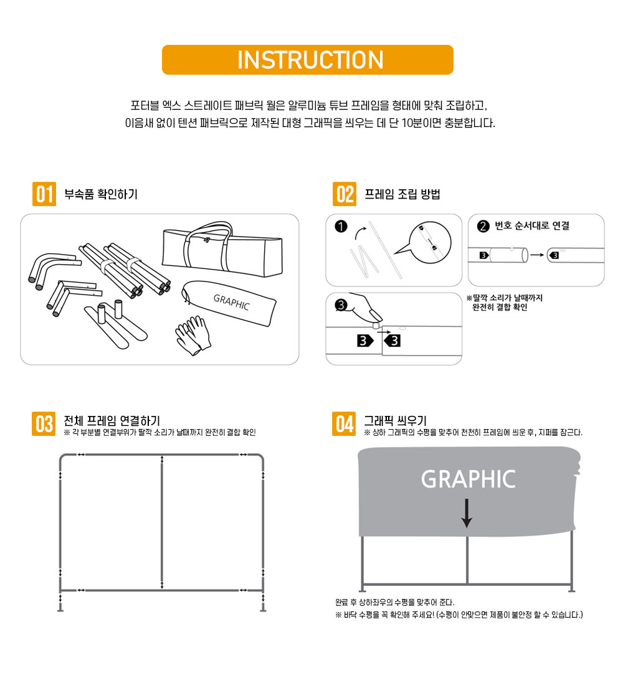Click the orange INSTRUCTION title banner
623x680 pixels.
(308, 60)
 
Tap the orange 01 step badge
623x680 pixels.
(44, 194)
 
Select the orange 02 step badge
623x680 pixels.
(345, 194)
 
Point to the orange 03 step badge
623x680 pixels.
(44, 423)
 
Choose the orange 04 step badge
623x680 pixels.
(344, 423)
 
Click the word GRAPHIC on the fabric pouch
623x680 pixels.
(232, 302)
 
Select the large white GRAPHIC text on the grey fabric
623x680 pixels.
(468, 479)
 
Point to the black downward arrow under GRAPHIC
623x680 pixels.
(467, 513)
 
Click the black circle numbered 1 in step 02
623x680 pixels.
(341, 227)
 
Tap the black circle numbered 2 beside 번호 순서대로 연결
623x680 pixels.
(483, 226)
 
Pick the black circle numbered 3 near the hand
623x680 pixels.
(341, 305)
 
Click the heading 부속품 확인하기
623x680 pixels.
(101, 194)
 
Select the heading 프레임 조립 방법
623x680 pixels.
(402, 194)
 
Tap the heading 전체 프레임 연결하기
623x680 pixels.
(112, 421)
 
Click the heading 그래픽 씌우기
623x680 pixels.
(395, 421)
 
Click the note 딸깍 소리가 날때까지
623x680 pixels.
(505, 298)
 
